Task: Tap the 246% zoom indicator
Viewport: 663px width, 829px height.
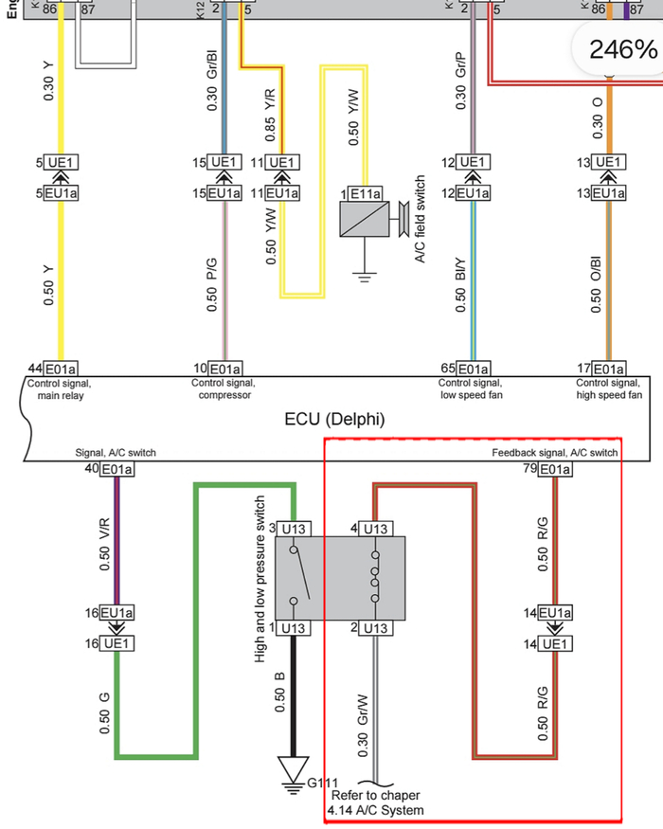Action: (622, 48)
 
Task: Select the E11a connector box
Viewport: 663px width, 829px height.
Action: (367, 194)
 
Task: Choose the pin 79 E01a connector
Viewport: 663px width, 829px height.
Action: (553, 469)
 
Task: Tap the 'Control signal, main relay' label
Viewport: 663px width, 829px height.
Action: (61, 388)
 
